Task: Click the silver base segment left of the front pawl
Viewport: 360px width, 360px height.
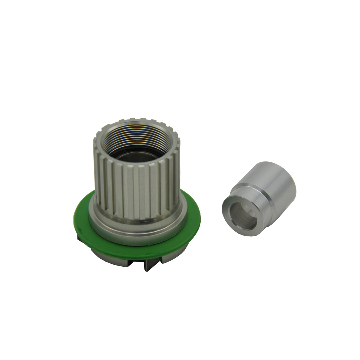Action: [120, 259]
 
